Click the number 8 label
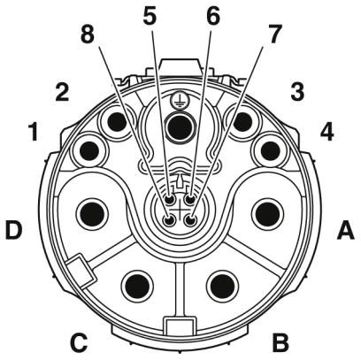click(88, 35)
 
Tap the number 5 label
click(150, 15)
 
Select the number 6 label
click(213, 15)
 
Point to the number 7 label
click(275, 34)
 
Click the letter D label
click(14, 230)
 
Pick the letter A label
click(346, 231)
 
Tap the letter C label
click(79, 342)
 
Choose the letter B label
click(280, 342)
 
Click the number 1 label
click(34, 132)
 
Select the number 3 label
click(297, 92)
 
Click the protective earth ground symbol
click(178, 102)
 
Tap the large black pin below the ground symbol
click(180, 127)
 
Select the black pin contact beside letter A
click(268, 213)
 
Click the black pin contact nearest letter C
click(137, 285)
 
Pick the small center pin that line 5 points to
click(170, 200)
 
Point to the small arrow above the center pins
click(180, 180)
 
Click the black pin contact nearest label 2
click(118, 121)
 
